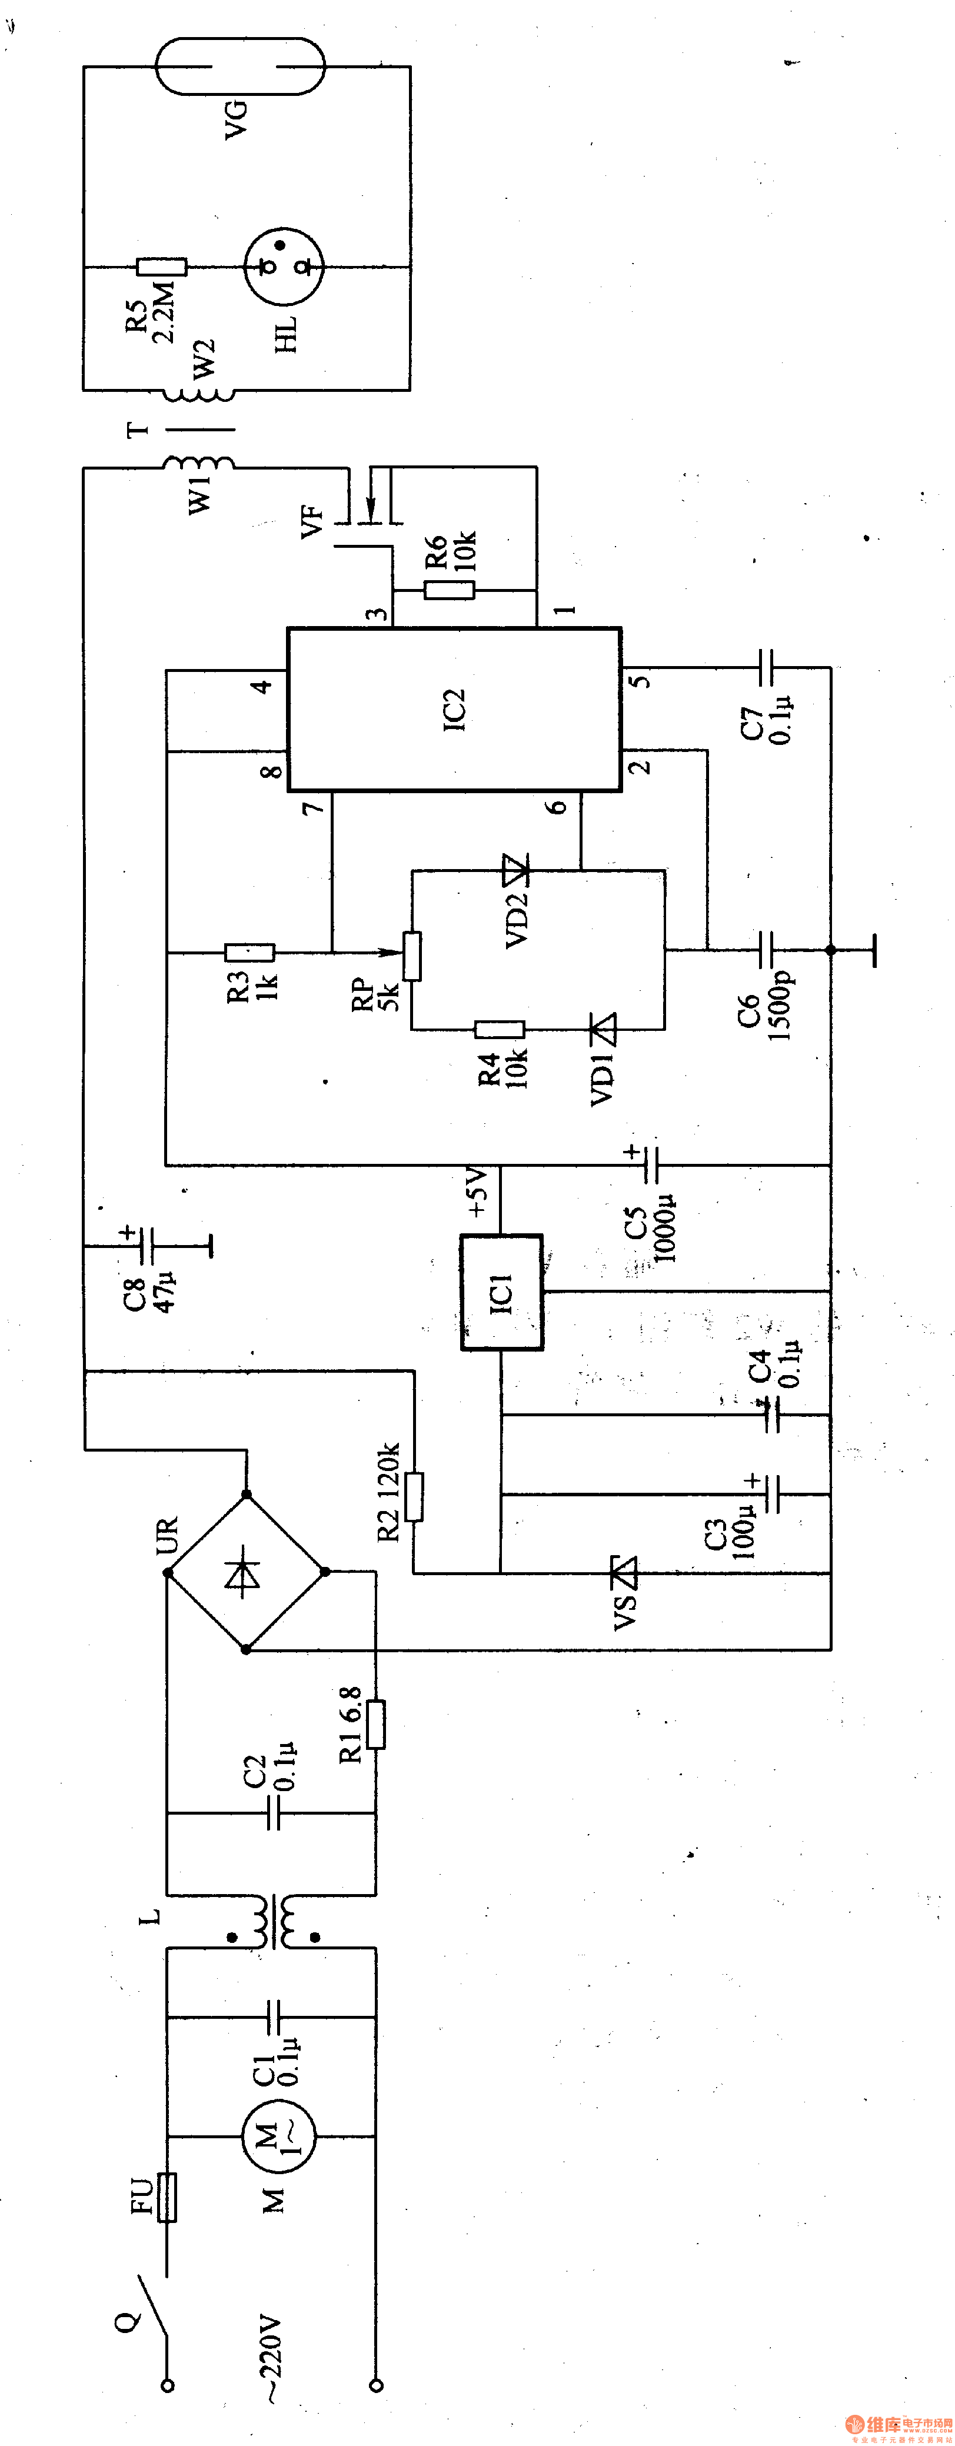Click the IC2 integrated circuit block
(x=454, y=708)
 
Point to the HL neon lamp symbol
(x=284, y=267)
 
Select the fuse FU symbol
(x=167, y=2197)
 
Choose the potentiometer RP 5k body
(x=412, y=955)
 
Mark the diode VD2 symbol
(x=515, y=868)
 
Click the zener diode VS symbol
(x=623, y=1572)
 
